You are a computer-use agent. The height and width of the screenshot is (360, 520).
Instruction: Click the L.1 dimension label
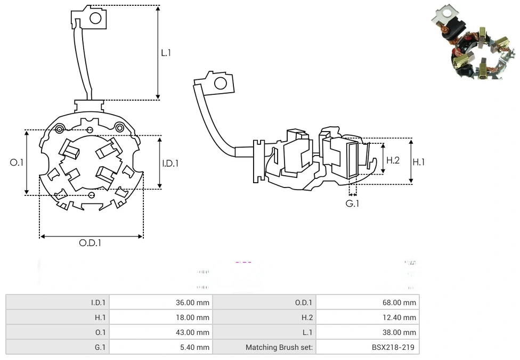coord(166,53)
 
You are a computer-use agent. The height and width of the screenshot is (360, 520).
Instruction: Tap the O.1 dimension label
coord(17,162)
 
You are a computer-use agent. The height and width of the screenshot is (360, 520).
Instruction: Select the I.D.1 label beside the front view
coord(170,163)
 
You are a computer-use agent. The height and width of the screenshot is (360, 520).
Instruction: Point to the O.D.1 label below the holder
coord(90,243)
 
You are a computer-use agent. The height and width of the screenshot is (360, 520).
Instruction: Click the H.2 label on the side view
coord(393,160)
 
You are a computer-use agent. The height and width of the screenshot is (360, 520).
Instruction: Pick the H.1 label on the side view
coord(419,161)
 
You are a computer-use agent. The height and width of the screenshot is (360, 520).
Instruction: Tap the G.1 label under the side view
coord(352,203)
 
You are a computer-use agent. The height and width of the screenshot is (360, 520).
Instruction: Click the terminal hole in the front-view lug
coord(95,19)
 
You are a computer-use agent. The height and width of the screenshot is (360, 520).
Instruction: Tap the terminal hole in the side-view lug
coord(220,83)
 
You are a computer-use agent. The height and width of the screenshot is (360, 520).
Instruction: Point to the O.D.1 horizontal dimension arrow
coord(91,236)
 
